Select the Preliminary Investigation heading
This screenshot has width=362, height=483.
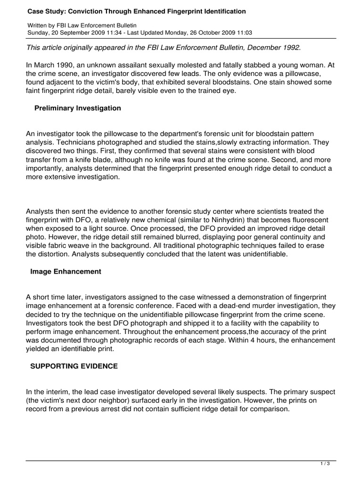[78, 108]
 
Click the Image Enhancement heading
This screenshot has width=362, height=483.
[66, 272]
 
